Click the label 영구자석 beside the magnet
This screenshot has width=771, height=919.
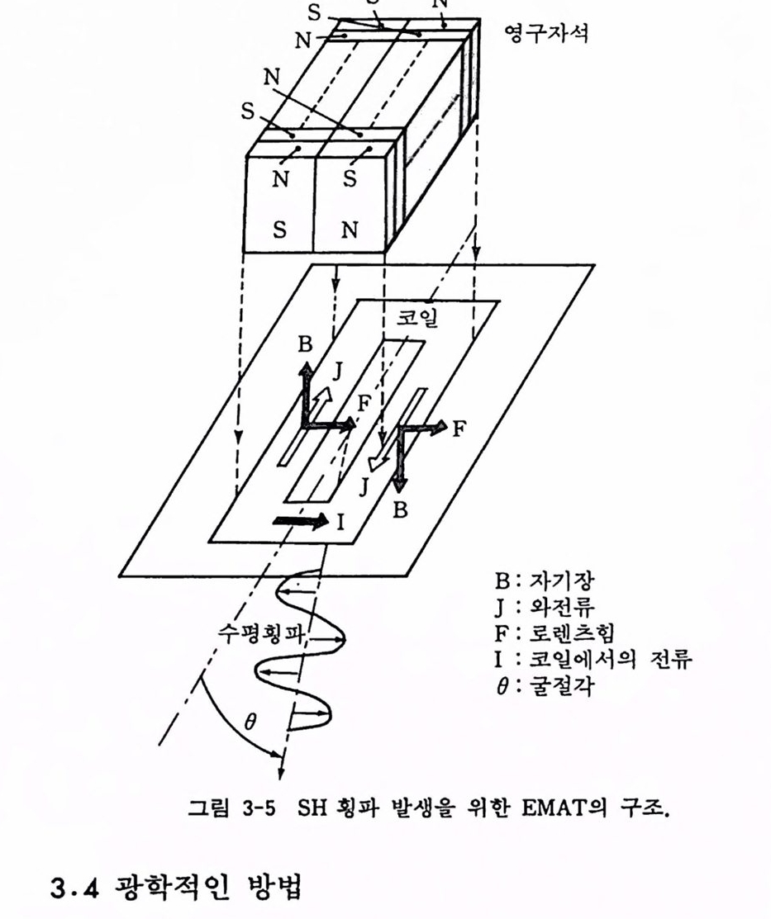pos(546,33)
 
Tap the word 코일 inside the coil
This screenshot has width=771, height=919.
pos(417,317)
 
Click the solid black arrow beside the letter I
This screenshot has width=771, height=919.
pos(301,520)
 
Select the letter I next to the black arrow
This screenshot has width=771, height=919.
pos(341,521)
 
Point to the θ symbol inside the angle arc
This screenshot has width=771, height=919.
pos(250,722)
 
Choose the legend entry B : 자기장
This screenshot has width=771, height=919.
pos(544,580)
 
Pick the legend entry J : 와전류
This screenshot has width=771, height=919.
pos(544,606)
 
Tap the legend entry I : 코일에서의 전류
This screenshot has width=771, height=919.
pos(593,659)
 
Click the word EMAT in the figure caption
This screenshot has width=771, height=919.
pos(554,808)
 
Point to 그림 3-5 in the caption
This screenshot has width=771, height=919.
pos(231,808)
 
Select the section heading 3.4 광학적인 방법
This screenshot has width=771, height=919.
pos(176,887)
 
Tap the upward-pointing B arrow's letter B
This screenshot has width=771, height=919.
pos(305,344)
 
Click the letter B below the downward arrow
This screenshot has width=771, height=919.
pos(400,510)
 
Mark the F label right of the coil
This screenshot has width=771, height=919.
pos(459,429)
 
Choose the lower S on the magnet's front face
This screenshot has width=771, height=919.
pos(280,230)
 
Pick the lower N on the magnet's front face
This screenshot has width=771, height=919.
pos(349,230)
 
